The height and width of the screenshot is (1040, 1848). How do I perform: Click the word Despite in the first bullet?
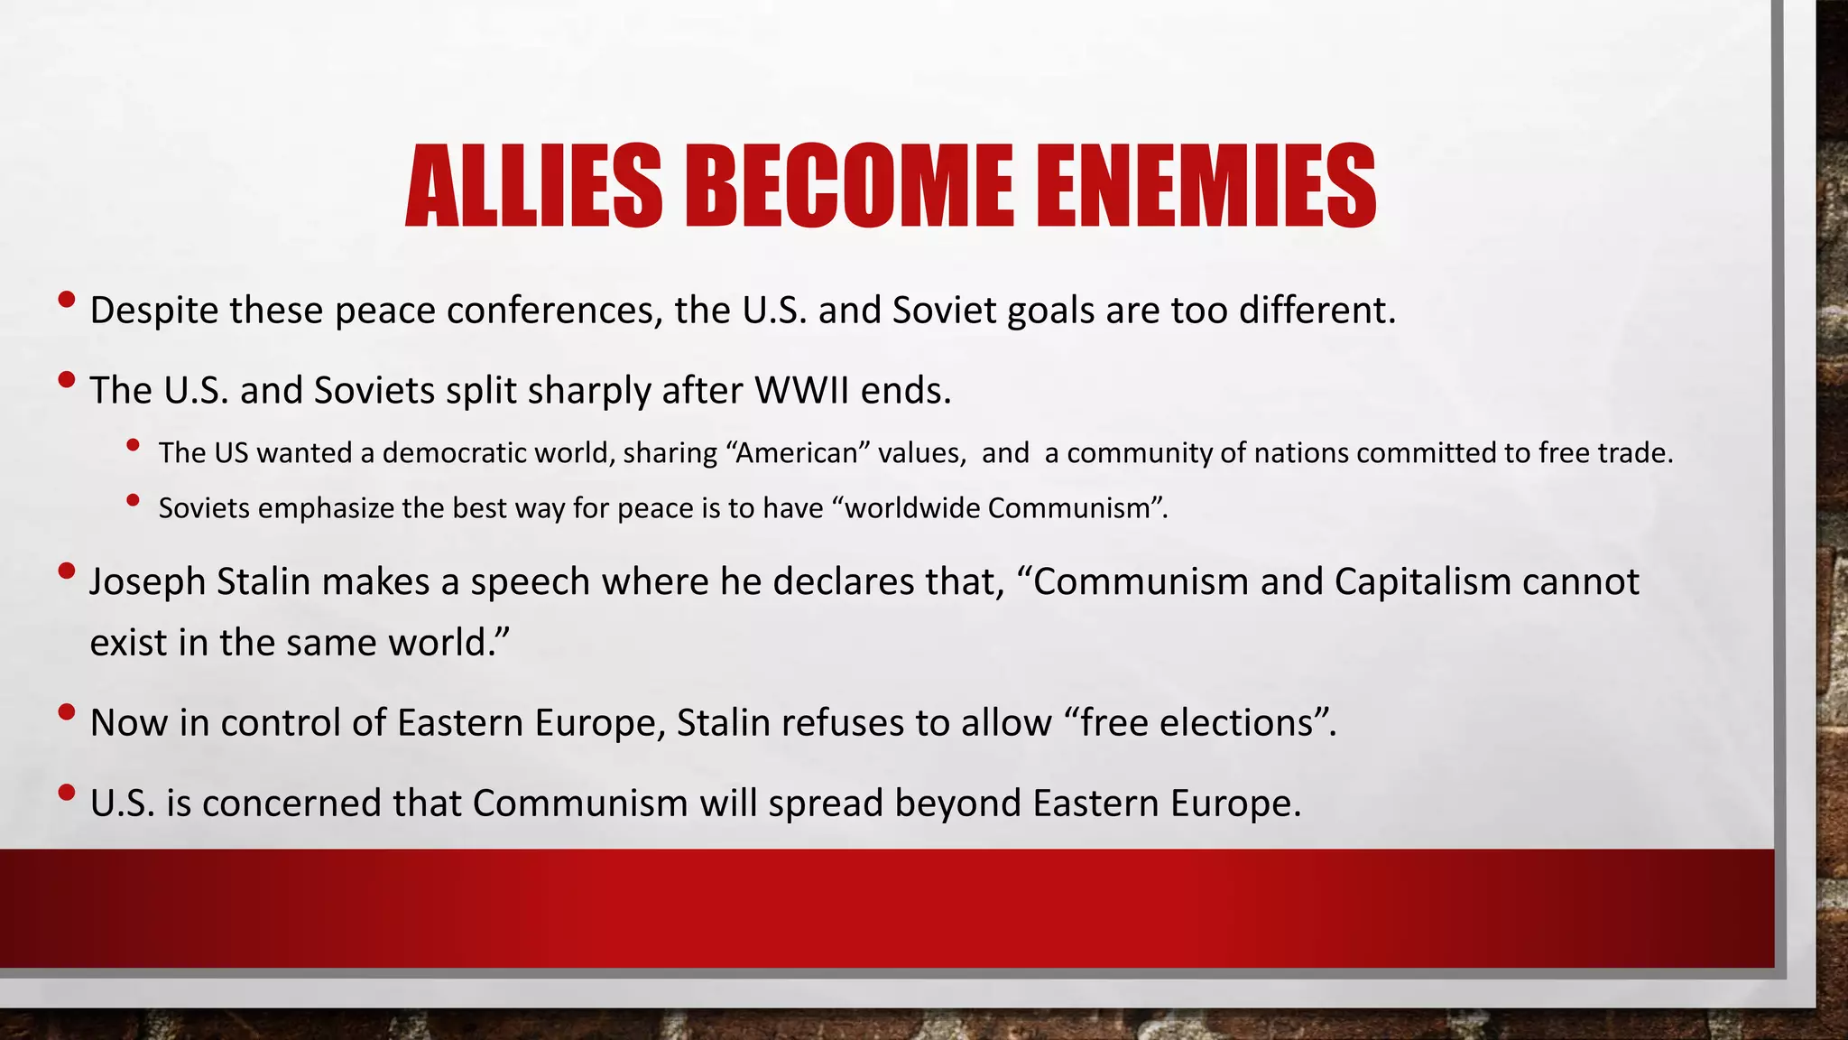click(x=153, y=311)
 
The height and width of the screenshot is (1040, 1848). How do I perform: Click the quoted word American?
click(x=796, y=453)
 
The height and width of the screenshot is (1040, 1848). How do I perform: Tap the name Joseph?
click(x=148, y=582)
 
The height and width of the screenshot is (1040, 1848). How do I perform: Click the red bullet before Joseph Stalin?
click(x=66, y=571)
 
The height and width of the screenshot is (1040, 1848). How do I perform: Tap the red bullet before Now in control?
click(x=66, y=712)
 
